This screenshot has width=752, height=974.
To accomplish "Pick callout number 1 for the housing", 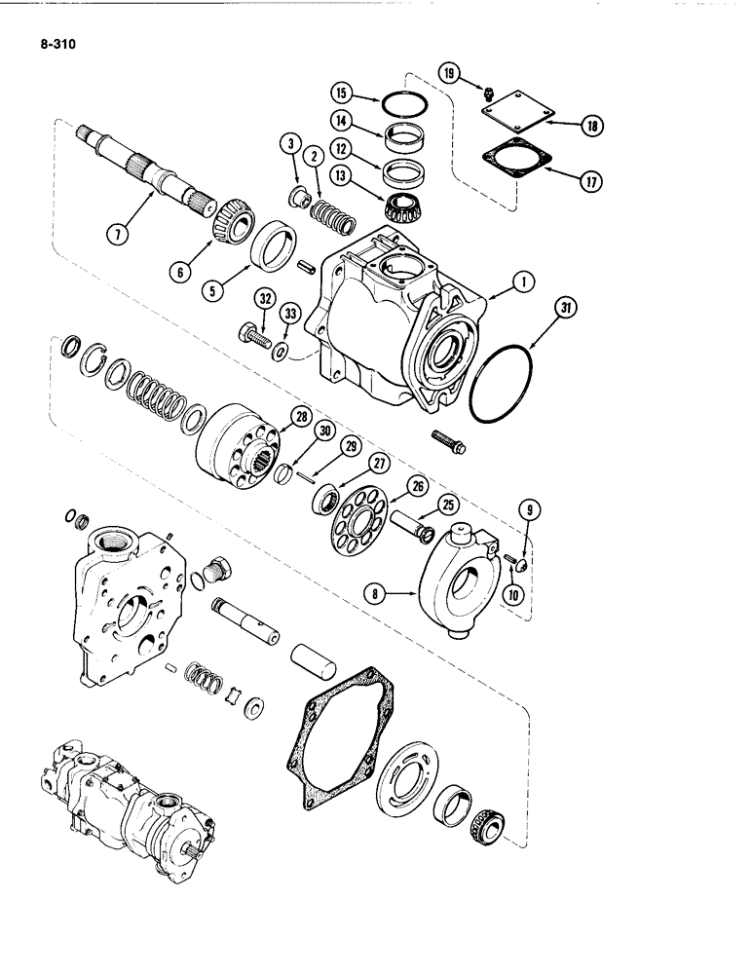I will click(x=524, y=283).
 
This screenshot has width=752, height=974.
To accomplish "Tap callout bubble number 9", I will click(x=529, y=506).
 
